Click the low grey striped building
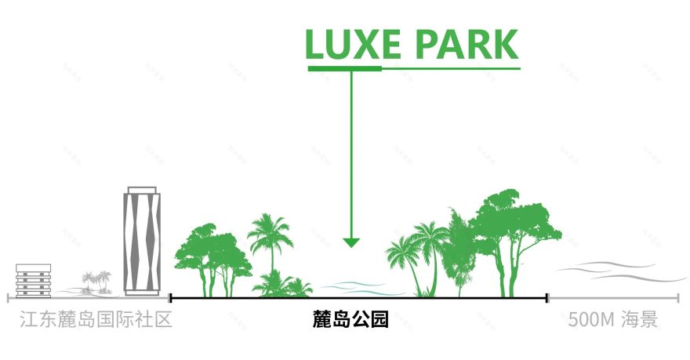(x=34, y=281)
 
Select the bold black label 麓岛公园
(x=350, y=320)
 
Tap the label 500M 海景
(x=613, y=320)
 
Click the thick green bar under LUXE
(x=344, y=69)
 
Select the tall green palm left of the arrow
(x=268, y=239)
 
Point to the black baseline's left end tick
(x=171, y=298)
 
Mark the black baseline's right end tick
(x=547, y=298)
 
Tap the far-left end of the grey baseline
(x=9, y=298)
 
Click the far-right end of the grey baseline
(x=679, y=298)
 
